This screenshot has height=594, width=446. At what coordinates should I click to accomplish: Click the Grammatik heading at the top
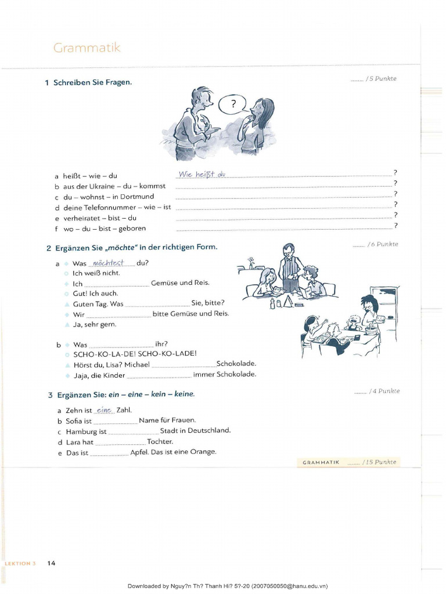[x=87, y=48]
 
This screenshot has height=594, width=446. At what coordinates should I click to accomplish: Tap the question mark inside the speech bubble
[x=233, y=105]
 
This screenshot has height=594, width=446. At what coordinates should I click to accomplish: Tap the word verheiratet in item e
[x=81, y=218]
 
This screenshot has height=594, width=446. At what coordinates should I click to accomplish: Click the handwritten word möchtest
[x=108, y=263]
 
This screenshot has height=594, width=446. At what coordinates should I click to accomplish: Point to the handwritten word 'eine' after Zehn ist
[x=104, y=410]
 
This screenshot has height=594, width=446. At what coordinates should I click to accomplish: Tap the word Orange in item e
[x=203, y=452]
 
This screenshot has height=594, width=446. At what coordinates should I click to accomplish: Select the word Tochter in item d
[x=160, y=442]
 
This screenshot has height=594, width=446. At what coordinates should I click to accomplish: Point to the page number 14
[x=51, y=563]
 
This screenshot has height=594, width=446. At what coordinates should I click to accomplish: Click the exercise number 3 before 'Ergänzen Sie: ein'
[x=50, y=395]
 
